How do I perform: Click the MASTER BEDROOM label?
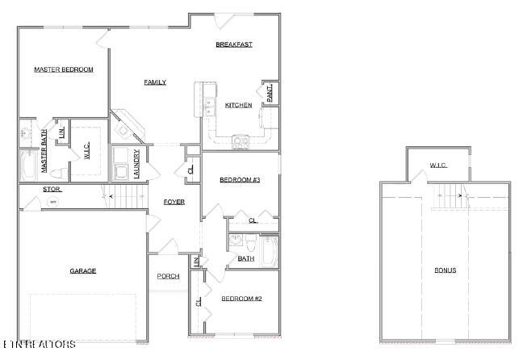click(x=63, y=69)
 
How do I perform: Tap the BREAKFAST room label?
click(x=234, y=44)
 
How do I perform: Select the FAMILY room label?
click(x=155, y=82)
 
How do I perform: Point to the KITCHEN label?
click(x=238, y=105)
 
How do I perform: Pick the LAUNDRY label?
click(x=137, y=164)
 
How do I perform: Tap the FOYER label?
click(x=174, y=201)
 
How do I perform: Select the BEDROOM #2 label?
click(x=241, y=299)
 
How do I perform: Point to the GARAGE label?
click(x=82, y=271)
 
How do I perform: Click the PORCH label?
click(x=168, y=276)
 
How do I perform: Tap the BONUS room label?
click(x=445, y=270)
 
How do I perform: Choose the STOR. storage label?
click(x=52, y=190)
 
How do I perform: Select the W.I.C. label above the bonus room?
click(x=438, y=165)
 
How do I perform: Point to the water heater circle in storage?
click(x=53, y=202)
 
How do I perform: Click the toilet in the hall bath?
click(x=251, y=245)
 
